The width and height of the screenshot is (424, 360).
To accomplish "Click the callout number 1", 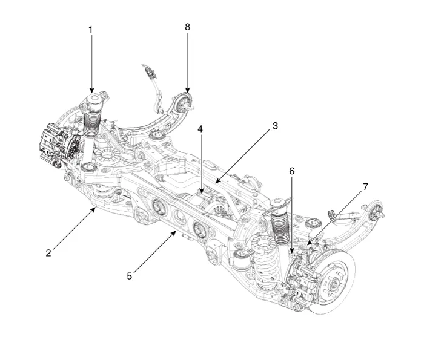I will coord(91,28).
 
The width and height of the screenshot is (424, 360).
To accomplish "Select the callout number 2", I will coord(48,253).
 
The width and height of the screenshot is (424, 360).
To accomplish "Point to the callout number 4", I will coord(200,129).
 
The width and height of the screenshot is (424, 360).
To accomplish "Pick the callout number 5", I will coord(129,275).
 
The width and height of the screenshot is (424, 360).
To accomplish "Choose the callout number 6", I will coord(292,171).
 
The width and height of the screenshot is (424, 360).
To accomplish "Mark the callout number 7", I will coord(365,188).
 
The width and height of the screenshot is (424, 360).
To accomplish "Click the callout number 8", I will coord(187,27).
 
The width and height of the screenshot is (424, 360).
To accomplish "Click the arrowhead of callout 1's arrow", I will coord(91,93).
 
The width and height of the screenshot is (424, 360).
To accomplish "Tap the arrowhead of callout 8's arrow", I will coord(187,93).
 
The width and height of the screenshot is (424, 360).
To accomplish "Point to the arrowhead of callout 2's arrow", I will coord(96,207).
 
